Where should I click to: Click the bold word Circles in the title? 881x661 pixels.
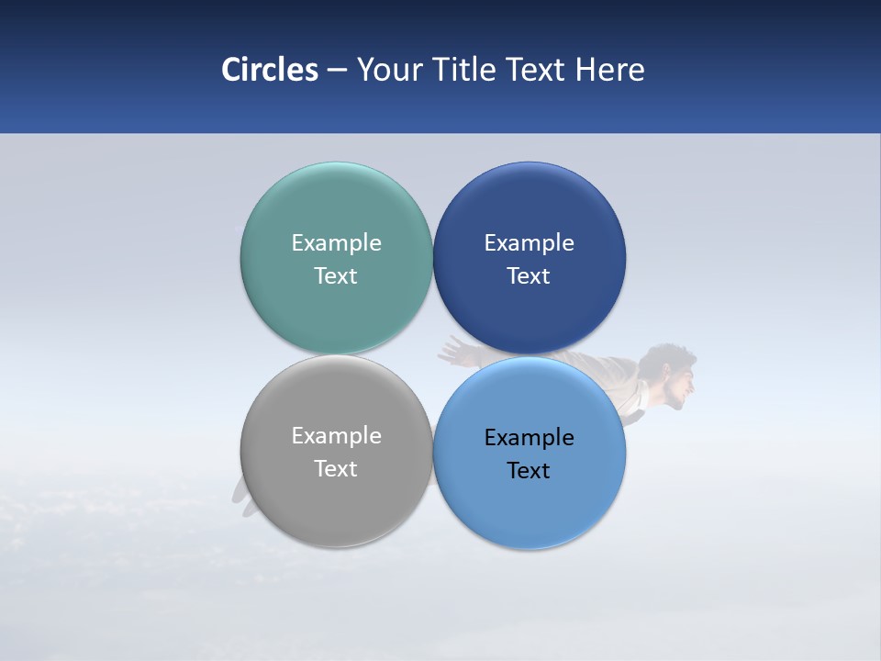pos(270,70)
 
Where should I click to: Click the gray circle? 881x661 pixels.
pos(336,496)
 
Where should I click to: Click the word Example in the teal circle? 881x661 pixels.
pos(336,242)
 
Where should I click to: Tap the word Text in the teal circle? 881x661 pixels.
pos(336,275)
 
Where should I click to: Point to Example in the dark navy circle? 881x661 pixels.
pos(530,242)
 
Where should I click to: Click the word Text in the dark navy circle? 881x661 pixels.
pos(530,275)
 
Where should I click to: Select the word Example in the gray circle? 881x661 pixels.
pos(336,435)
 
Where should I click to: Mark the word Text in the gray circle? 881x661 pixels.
pos(336,468)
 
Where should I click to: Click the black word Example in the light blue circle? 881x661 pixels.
pos(530,437)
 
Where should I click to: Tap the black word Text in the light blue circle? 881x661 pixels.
pos(530,470)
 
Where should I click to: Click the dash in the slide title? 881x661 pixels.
pos(337,70)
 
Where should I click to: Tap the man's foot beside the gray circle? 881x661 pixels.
pos(241,496)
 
